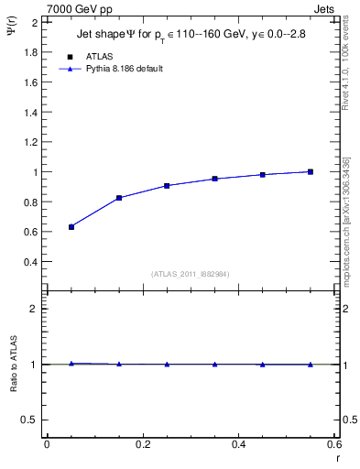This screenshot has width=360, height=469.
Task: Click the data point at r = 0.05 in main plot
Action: (71, 226)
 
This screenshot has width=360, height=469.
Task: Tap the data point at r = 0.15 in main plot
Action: (119, 198)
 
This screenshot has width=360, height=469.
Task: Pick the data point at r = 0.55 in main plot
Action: (311, 171)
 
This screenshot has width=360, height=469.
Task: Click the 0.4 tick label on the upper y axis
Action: (31, 262)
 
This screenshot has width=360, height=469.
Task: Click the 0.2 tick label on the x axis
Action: (142, 444)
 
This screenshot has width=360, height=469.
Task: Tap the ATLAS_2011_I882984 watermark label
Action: (191, 274)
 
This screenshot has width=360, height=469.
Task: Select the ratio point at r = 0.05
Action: (71, 364)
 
